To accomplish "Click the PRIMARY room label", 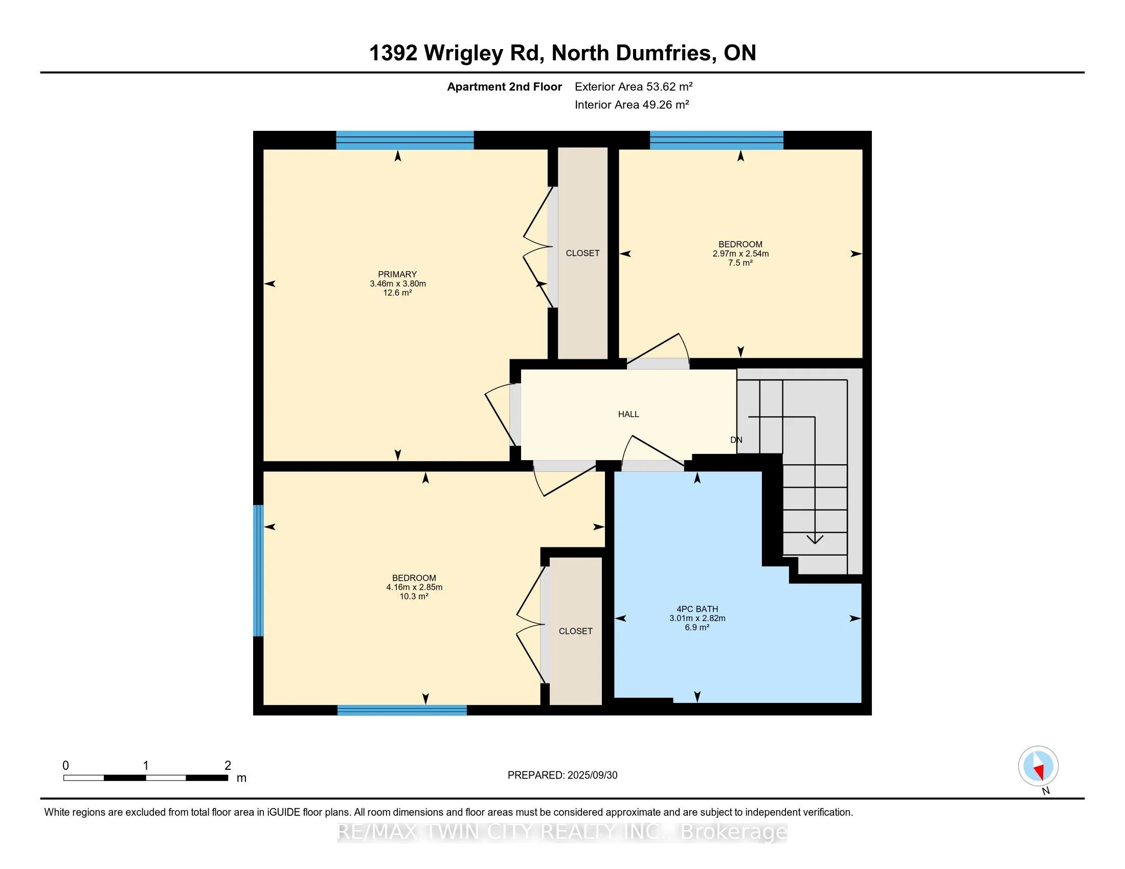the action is pyautogui.click(x=397, y=275).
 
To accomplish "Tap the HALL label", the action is pyautogui.click(x=628, y=414).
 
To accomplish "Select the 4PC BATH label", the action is pyautogui.click(x=697, y=609).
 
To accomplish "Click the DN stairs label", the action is pyautogui.click(x=736, y=440).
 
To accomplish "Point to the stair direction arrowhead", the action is pyautogui.click(x=815, y=539).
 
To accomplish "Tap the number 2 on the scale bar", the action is pyautogui.click(x=228, y=766).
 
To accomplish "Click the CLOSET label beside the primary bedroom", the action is pyautogui.click(x=582, y=253).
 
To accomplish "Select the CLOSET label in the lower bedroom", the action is pyautogui.click(x=575, y=631).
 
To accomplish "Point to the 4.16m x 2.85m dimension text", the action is pyautogui.click(x=414, y=587).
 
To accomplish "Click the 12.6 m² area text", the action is pyautogui.click(x=397, y=293).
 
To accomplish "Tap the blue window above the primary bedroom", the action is pyautogui.click(x=405, y=140).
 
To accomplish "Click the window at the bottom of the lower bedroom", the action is pyautogui.click(x=402, y=710).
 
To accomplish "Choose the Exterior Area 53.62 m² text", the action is pyautogui.click(x=634, y=86).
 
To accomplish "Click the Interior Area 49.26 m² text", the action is pyautogui.click(x=632, y=104).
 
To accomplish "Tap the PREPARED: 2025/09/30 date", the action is pyautogui.click(x=562, y=775).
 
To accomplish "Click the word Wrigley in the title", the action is pyautogui.click(x=463, y=54).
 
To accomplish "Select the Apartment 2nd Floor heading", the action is pyautogui.click(x=504, y=87).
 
